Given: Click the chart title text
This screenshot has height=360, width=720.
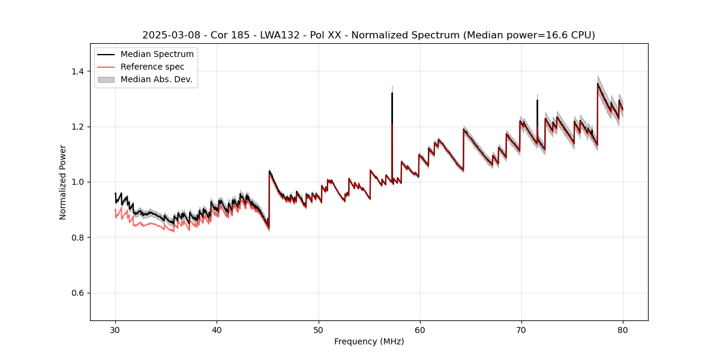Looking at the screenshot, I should (x=368, y=35).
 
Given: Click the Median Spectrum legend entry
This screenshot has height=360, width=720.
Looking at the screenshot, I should (x=157, y=55).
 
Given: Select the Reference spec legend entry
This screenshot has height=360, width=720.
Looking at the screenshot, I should (x=152, y=67).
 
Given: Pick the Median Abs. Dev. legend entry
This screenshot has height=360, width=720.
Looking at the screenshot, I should (x=156, y=79).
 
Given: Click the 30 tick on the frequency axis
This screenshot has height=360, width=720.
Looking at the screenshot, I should (x=116, y=330).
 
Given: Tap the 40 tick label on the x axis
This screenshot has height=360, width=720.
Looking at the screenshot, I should (x=217, y=330).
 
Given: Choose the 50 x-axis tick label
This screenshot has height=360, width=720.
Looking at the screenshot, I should (x=319, y=330).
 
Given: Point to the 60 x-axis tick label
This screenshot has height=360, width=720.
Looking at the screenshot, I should (x=420, y=330).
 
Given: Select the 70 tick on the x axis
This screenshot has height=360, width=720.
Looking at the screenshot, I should (x=521, y=330).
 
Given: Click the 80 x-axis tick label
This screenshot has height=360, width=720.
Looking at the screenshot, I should (x=623, y=330).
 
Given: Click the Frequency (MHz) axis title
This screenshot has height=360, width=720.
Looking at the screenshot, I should (x=369, y=342).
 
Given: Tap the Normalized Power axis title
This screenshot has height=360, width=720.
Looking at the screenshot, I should (x=63, y=182).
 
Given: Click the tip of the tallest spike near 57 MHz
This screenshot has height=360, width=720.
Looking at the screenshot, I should (x=392, y=93).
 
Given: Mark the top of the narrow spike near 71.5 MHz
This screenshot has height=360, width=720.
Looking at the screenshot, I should (x=537, y=100).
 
